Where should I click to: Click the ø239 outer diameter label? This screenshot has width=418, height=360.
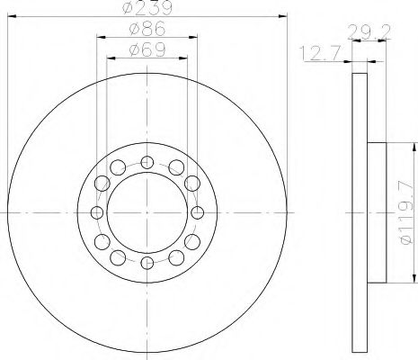click(147, 7)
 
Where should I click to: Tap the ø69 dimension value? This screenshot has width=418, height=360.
click(147, 49)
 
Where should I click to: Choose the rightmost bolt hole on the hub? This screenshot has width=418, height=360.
click(197, 212)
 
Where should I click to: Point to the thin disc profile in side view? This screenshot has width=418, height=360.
click(359, 212)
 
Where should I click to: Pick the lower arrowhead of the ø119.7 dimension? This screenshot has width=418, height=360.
click(414, 280)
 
